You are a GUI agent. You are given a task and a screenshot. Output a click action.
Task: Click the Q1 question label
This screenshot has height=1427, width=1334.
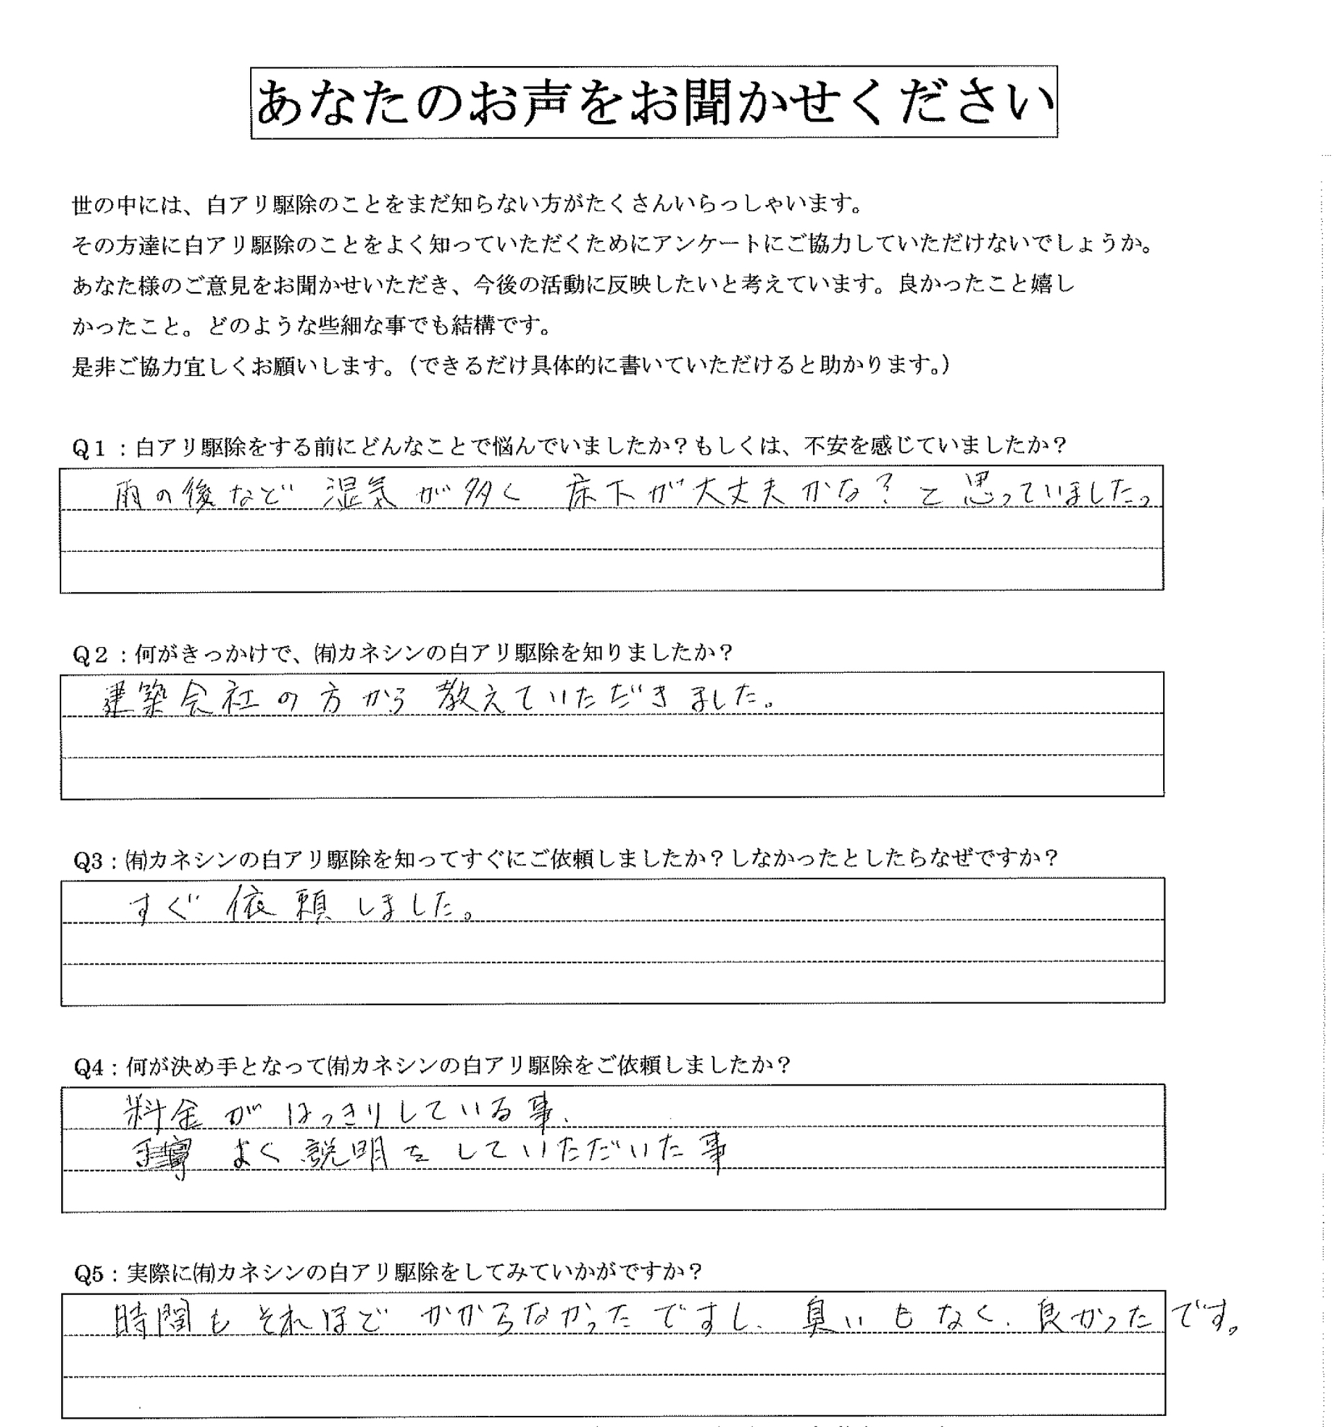coord(89,447)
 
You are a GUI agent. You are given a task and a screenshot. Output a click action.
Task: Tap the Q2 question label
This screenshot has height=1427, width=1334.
coord(89,654)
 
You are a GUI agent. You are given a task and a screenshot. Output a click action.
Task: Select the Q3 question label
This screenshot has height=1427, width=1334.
coord(89,860)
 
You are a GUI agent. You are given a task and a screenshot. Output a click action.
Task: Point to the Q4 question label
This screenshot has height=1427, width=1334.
coord(89,1068)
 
